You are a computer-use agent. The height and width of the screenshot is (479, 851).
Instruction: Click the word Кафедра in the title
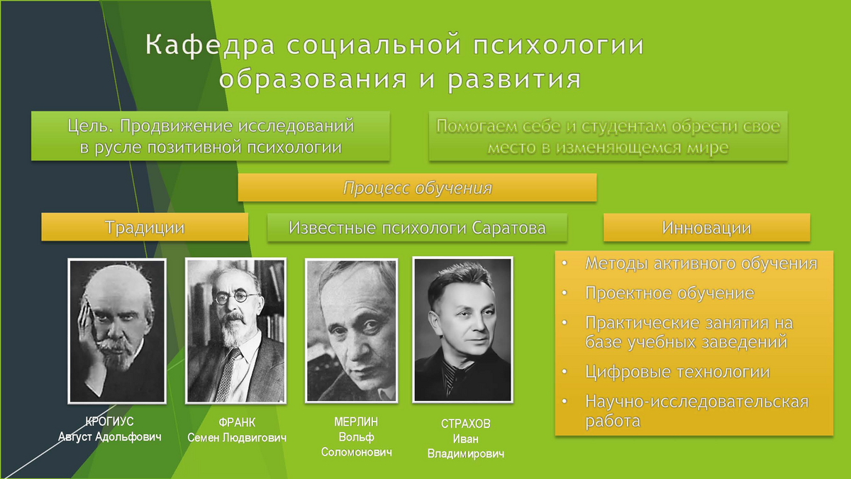coord(210,45)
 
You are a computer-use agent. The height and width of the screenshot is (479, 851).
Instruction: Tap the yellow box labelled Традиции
coord(145,227)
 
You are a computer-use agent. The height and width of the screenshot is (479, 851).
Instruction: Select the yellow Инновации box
coord(706,227)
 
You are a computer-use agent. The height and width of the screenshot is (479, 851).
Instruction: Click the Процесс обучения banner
coord(417,187)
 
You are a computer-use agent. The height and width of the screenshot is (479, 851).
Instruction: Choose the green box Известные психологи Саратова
coord(417,227)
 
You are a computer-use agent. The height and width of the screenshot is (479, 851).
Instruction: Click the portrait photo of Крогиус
coord(117,331)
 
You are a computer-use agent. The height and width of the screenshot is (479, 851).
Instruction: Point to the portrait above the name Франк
coord(236,331)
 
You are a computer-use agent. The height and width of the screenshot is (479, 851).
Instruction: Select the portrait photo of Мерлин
coord(352,331)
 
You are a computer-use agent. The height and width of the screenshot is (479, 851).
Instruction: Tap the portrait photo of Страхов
coord(462,330)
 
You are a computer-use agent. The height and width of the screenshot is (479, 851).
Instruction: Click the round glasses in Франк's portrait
coord(236,297)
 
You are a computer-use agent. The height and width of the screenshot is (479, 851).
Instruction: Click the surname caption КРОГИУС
coord(109,422)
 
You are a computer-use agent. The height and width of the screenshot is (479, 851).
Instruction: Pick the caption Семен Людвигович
coord(237,438)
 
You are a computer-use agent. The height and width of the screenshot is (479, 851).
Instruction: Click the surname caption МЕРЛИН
coord(356,422)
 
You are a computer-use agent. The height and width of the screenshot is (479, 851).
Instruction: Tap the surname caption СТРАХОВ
coord(466,424)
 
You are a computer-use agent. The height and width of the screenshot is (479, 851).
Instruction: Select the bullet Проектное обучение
coord(669,292)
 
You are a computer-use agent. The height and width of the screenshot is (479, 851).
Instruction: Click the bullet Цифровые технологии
coord(677,371)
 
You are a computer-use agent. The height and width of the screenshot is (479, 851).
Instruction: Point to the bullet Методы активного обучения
coord(701,263)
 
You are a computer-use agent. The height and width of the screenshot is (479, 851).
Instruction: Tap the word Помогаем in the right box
coord(477,126)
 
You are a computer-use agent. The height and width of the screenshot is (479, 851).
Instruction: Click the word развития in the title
coord(514,79)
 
